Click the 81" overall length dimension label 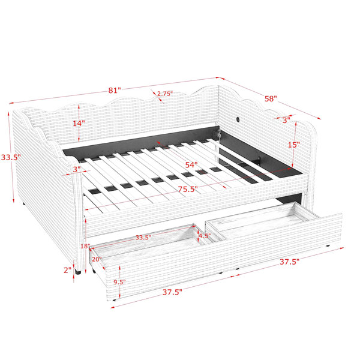pos(115,90)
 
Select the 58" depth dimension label pos(271,99)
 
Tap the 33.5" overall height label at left pos(11,157)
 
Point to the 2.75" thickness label pos(165,94)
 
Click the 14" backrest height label pos(79,123)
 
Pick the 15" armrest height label pos(294,145)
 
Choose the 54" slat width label pos(191,165)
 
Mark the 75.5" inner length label pos(188,189)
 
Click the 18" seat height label pos(85,247)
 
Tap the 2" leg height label pos(67,270)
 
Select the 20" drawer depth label pos(97,259)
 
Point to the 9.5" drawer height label pos(119,282)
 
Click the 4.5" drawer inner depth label pos(205,236)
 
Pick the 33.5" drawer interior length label pos(143,238)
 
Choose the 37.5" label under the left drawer pos(172,292)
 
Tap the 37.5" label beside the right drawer pos(290,262)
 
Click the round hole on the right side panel pos(238,119)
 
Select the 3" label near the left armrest pos(77,169)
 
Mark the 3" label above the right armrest pos(286,120)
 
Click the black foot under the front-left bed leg pos(78,273)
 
